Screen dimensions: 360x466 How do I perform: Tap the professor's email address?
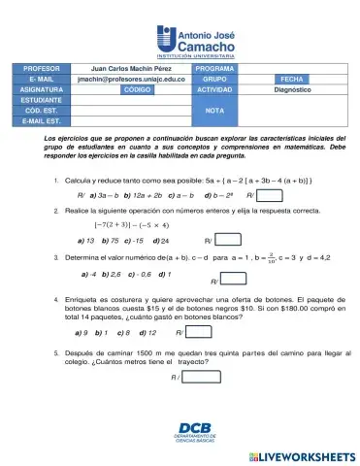click(x=130, y=79)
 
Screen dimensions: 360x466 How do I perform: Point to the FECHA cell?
click(x=291, y=79)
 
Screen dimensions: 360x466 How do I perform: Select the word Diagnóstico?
click(x=291, y=88)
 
